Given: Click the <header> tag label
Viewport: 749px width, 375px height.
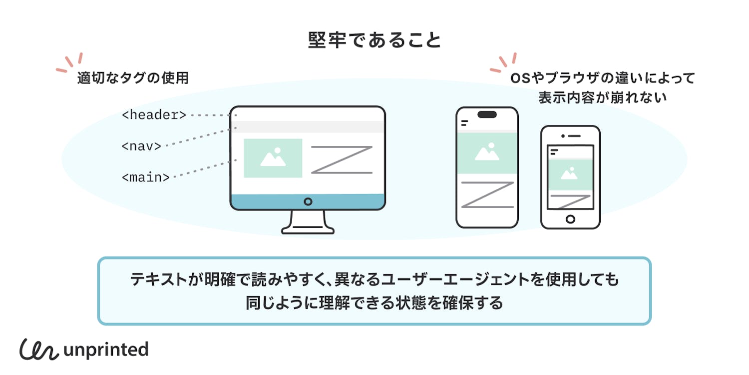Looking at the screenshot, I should (154, 115).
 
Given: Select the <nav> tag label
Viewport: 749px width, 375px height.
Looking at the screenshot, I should (141, 146).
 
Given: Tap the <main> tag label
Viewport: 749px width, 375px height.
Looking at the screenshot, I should (145, 177).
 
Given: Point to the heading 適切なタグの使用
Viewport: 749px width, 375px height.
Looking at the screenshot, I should (133, 78).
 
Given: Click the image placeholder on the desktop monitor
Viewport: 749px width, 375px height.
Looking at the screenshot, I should (273, 158).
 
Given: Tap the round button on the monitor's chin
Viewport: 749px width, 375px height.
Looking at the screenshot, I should (308, 201).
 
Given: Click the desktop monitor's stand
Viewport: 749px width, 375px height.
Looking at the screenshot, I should (308, 223).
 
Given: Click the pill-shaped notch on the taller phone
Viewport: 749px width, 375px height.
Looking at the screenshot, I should (487, 114).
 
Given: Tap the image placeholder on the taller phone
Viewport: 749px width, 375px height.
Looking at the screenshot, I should (487, 153).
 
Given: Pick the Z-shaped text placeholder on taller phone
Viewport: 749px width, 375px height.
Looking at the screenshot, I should (487, 194).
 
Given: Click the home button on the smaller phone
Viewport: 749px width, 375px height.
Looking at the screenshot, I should (570, 219).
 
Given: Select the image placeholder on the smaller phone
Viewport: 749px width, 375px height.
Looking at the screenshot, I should (570, 174).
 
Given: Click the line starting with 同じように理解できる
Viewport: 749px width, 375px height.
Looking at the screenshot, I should (374, 303).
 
